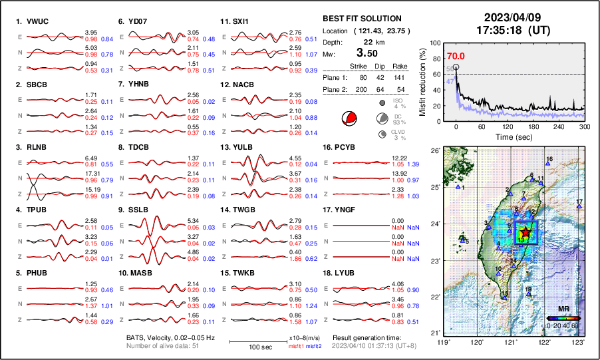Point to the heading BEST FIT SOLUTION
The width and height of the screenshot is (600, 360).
click(x=362, y=19)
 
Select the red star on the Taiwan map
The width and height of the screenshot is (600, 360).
click(x=525, y=231)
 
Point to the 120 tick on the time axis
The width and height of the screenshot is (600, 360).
click(x=508, y=126)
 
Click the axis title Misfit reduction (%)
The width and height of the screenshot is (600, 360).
click(x=423, y=79)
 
